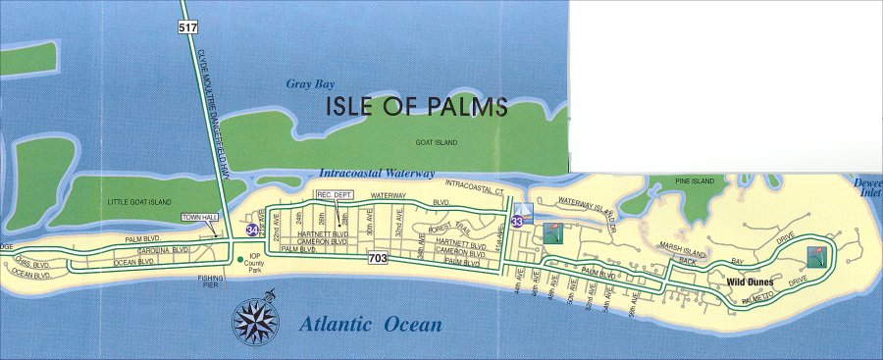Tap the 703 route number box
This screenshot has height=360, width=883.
[378, 259]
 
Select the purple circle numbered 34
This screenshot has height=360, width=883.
[254, 230]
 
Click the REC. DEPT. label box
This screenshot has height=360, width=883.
[334, 195]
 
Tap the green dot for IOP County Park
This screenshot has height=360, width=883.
[240, 260]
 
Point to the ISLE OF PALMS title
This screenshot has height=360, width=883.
[416, 107]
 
